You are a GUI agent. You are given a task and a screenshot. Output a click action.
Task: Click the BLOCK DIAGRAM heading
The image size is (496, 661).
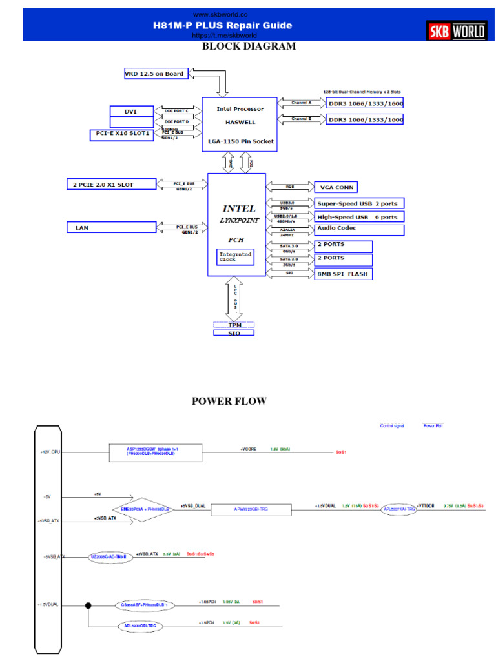249,46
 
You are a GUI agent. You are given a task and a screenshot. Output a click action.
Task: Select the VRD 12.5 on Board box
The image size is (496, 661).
155,74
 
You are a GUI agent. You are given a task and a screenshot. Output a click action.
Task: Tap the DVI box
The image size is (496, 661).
131,112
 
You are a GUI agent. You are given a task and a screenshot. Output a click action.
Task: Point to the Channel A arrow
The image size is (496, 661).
300,102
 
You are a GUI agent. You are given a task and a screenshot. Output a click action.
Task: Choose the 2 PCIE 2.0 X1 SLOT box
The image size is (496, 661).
111,185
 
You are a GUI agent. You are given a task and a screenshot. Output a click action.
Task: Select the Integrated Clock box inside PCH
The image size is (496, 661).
234,257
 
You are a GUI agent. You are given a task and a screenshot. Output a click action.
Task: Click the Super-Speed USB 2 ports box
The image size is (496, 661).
359,203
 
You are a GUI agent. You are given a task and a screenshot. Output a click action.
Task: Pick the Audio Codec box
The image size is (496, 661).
359,229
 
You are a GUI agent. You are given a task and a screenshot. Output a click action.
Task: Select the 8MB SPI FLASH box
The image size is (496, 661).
343,274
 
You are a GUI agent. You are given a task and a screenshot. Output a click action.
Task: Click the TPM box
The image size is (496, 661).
234,325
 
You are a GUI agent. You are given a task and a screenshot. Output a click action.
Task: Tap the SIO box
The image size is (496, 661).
234,333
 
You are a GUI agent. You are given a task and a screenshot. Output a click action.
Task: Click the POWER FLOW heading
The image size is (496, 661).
229,402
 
